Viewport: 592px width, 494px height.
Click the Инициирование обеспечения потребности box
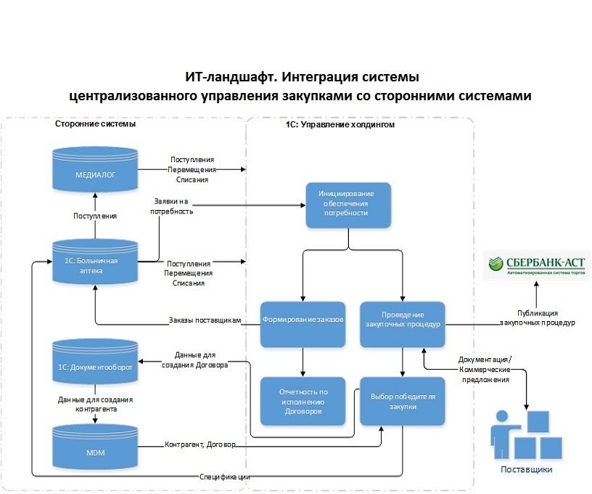pyautogui.click(x=348, y=204)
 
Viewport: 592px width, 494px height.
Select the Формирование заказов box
pyautogui.click(x=302, y=319)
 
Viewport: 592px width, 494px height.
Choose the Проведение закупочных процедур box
pyautogui.click(x=402, y=320)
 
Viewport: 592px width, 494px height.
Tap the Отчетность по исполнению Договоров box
pyautogui.click(x=302, y=401)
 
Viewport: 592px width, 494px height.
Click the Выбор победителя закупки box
pyautogui.click(x=402, y=401)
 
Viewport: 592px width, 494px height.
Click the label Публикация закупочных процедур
pyautogui.click(x=537, y=317)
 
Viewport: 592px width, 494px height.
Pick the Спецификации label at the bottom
pyautogui.click(x=226, y=477)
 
